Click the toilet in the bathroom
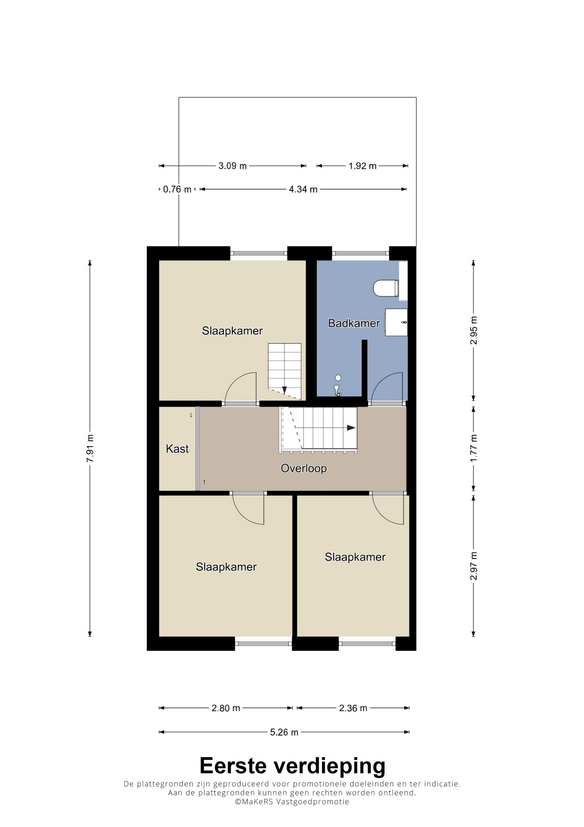tap(386, 288)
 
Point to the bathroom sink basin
tap(396, 322)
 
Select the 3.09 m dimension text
tap(232, 166)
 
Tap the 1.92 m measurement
tap(362, 166)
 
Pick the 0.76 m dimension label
tap(177, 189)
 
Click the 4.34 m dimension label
tap(303, 189)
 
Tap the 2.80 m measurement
tap(226, 708)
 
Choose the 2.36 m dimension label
tap(353, 708)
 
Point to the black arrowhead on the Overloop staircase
tap(351, 428)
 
